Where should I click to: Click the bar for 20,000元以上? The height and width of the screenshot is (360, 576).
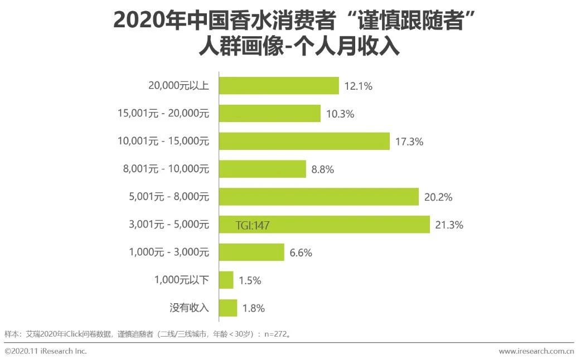click(279, 86)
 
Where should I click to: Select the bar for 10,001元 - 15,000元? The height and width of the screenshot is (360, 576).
click(304, 142)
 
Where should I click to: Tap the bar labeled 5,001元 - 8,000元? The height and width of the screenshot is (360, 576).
click(318, 197)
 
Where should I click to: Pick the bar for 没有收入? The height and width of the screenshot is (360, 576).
click(228, 308)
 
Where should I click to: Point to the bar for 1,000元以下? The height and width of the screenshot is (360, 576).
click(226, 280)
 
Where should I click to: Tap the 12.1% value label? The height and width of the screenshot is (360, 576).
click(359, 86)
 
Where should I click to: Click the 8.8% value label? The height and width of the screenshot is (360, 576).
click(322, 169)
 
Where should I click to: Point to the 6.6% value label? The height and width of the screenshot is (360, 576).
click(301, 252)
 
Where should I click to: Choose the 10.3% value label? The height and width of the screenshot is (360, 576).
click(341, 114)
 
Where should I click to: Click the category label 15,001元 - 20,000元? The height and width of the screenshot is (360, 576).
click(163, 114)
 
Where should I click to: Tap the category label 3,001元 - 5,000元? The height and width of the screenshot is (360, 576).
click(168, 225)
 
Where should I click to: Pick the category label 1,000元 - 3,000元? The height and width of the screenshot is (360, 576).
click(168, 252)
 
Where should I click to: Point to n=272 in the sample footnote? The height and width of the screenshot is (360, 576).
click(276, 334)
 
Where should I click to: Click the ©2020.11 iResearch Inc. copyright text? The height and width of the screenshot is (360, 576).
click(46, 351)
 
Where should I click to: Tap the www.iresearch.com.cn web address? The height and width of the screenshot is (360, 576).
click(536, 351)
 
